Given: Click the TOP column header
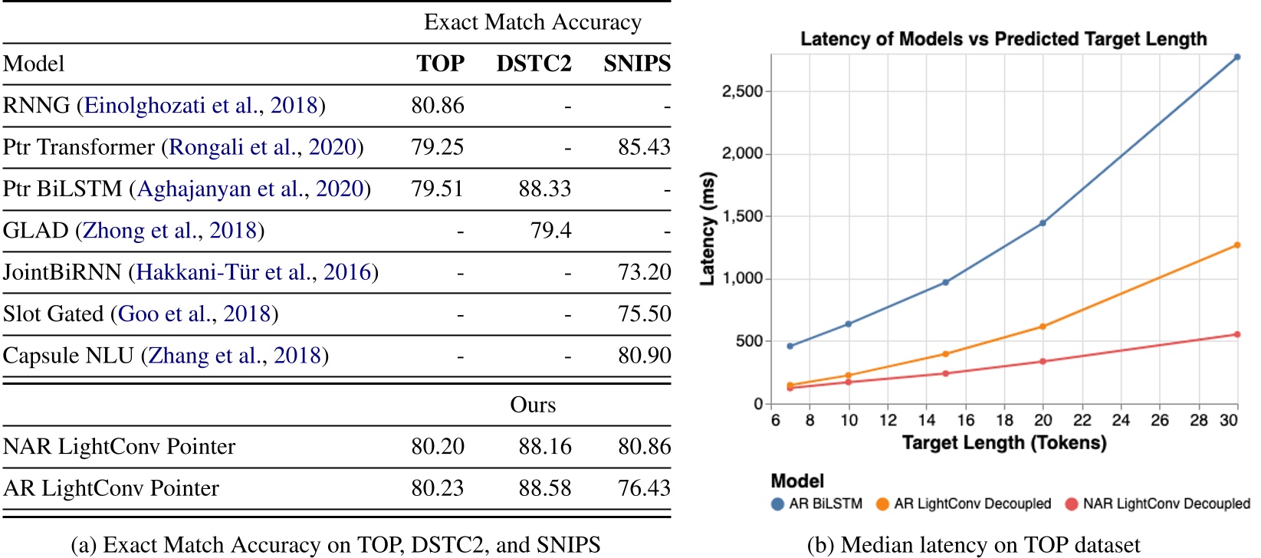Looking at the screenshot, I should (x=440, y=64).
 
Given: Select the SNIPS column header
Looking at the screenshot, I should (x=636, y=64).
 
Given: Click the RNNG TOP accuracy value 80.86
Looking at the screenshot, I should (x=437, y=106).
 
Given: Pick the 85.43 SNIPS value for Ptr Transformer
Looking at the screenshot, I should (x=644, y=147).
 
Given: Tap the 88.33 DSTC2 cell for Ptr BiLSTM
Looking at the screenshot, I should (x=544, y=189).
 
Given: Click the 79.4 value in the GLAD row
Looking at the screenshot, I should (x=550, y=231).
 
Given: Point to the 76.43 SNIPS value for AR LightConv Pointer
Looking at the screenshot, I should (x=644, y=488).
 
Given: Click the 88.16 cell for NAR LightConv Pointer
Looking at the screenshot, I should (x=544, y=447).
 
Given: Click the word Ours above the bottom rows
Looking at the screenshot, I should (x=533, y=405).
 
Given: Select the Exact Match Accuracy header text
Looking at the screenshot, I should (x=533, y=22).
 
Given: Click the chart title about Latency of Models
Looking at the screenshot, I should (x=1003, y=39).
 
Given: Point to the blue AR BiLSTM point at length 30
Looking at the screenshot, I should (x=1236, y=57).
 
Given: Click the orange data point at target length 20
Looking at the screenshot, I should (x=1043, y=327).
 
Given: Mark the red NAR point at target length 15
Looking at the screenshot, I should (x=945, y=373).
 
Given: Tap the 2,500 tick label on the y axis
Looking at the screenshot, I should (x=742, y=92).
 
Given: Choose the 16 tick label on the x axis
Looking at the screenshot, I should (x=965, y=420).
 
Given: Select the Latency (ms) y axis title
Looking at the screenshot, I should (x=708, y=228).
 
